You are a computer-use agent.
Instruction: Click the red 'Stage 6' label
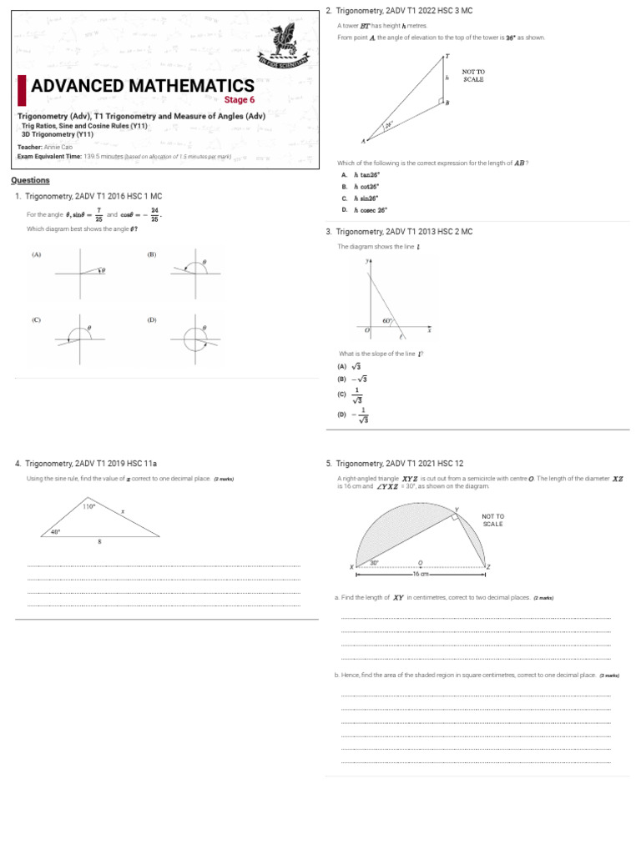click(240, 100)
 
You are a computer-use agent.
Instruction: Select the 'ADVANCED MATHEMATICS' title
click(143, 86)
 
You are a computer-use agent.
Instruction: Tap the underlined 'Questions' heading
click(30, 180)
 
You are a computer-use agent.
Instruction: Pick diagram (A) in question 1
click(80, 270)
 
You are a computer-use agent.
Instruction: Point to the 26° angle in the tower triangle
click(388, 126)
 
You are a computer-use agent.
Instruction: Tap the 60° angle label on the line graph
click(386, 321)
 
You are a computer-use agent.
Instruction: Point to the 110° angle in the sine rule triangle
click(88, 506)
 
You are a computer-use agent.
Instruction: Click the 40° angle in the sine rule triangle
click(55, 531)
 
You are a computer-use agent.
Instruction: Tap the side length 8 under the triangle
click(98, 542)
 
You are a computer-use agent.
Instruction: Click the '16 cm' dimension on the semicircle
click(421, 574)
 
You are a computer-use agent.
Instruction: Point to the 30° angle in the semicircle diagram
click(375, 563)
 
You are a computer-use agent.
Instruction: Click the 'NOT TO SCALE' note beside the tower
click(472, 76)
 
